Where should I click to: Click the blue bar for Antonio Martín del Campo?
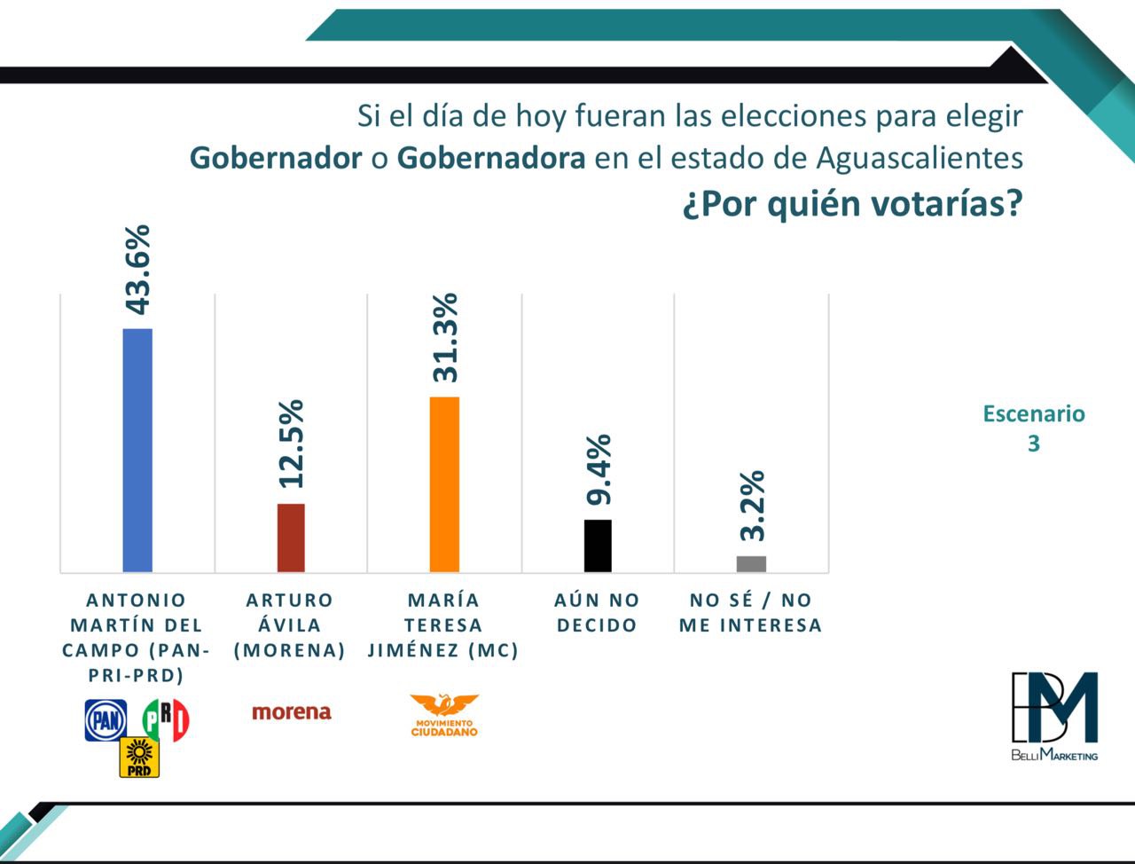pos(137,450)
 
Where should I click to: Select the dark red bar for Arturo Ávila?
pos(291,538)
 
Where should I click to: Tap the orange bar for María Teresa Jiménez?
pos(444,483)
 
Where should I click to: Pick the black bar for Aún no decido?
pos(598,546)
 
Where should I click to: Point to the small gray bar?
pos(751,563)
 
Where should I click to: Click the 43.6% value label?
pos(137,270)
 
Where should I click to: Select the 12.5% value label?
pos(291,444)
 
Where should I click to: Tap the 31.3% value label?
pos(444,338)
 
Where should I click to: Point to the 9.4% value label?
pos(599,470)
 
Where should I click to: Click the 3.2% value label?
pos(752,506)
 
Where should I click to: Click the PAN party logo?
pos(106,719)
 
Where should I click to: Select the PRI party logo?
pos(167,719)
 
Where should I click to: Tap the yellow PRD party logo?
pos(139,758)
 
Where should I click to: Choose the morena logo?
pos(291,712)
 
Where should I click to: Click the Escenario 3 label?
pos(1034,428)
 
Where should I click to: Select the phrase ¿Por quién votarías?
pos(852,204)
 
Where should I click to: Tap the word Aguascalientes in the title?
pos(919,159)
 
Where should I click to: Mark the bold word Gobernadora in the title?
pos(490,159)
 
